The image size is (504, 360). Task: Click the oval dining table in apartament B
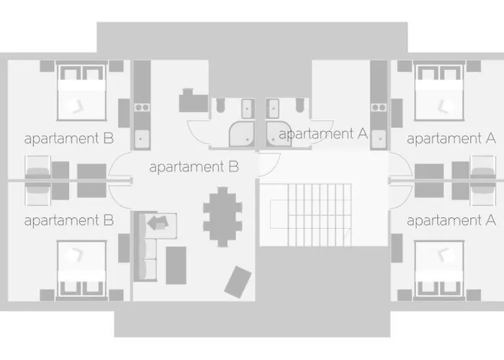(222, 217)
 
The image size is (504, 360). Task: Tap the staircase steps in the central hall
(320, 215)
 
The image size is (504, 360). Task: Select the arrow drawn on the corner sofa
(158, 222)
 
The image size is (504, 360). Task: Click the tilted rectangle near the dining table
(238, 282)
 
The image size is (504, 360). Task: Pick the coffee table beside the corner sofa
(176, 265)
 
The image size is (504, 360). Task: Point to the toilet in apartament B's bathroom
(220, 105)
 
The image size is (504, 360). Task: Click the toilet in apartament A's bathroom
(300, 105)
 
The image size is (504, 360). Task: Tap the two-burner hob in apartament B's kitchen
(142, 107)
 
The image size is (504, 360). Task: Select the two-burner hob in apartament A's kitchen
(379, 107)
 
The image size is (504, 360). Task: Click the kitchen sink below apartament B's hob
(142, 139)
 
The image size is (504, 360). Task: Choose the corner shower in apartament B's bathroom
(241, 134)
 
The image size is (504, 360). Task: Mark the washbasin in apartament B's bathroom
(247, 109)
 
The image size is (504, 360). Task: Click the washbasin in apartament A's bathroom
(274, 109)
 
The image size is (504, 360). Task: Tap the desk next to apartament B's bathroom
(193, 101)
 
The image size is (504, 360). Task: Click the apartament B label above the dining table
(194, 167)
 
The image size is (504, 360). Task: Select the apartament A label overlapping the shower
(323, 133)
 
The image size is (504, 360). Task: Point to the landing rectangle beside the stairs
(279, 214)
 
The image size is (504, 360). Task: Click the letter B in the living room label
(234, 167)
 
